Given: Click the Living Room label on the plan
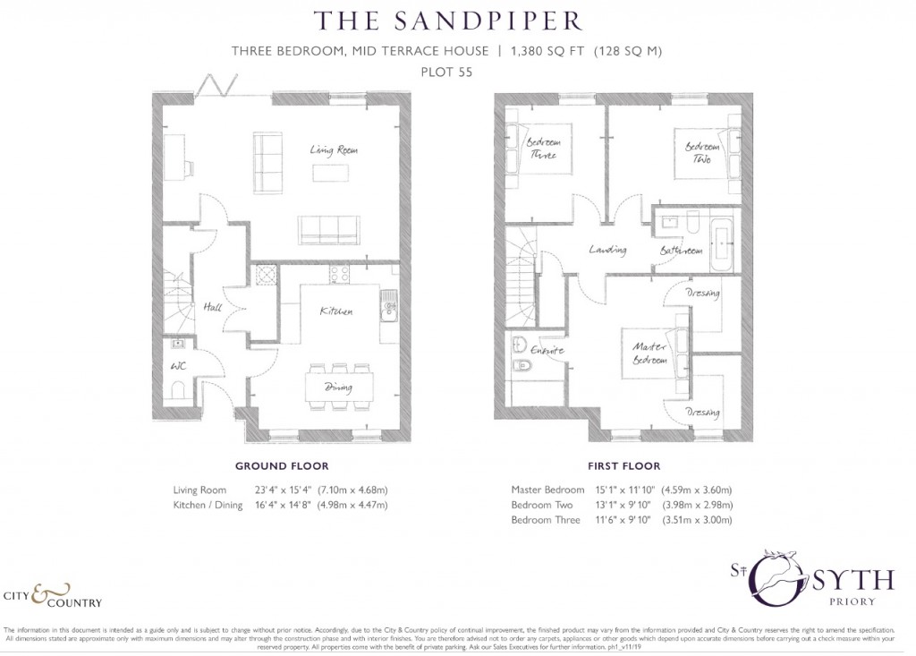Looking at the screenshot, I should point(335,150).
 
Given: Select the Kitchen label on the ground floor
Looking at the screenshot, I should point(336,311).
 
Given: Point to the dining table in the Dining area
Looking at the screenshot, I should point(337,388).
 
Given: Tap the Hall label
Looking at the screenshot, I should point(212,307).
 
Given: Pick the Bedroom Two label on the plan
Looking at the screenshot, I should point(701,153).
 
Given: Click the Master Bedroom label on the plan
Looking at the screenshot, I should point(649,353).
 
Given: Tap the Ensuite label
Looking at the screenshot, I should point(547,351).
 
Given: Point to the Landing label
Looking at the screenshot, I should point(607,251).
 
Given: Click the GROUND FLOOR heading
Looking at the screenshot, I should point(281,466).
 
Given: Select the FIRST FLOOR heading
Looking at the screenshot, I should point(623,466).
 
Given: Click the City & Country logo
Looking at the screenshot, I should point(54,596).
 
